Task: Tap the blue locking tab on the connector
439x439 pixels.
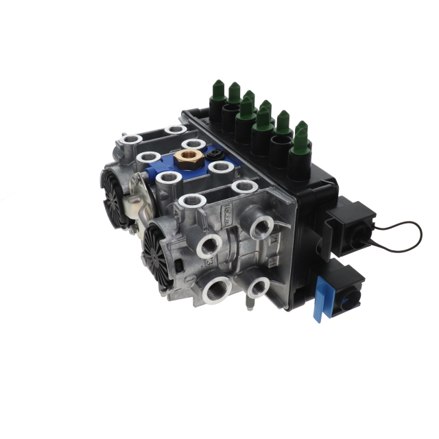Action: click(320, 302)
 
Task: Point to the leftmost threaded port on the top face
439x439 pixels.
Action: click(130, 142)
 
